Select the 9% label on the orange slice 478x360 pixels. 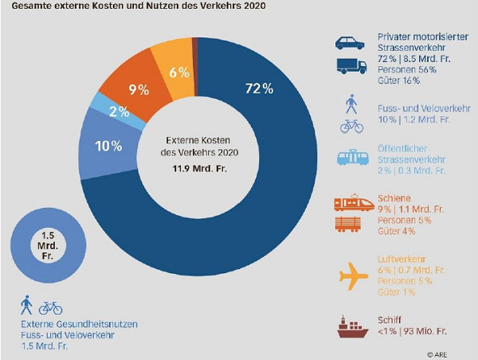coord(139,89)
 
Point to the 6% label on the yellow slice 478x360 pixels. coord(179,72)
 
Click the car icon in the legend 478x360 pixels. coord(350,44)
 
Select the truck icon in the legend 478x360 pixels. coord(351,68)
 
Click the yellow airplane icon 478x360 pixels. coord(354,276)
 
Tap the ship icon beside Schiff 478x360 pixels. coord(351,327)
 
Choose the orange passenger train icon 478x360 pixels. coord(351,203)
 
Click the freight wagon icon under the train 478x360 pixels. coord(351,225)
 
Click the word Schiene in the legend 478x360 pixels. coord(393,196)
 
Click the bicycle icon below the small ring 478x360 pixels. coord(50,307)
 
